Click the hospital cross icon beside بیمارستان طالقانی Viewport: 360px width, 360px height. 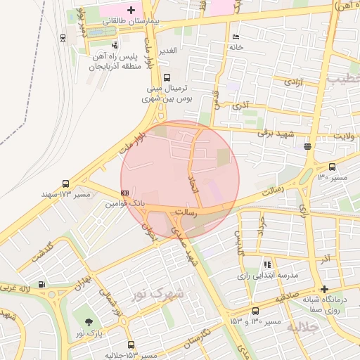click(x=131, y=10)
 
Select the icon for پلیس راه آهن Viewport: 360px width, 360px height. click(x=113, y=44)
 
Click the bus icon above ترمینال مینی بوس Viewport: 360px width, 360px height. click(x=167, y=78)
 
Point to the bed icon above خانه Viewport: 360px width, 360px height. click(x=236, y=36)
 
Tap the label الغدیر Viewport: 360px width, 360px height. click(x=172, y=51)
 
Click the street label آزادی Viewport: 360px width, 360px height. click(x=292, y=82)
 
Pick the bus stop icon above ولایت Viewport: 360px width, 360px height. click(x=308, y=146)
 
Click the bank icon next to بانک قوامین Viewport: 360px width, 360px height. click(x=124, y=191)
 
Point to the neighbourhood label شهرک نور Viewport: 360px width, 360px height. click(x=157, y=292)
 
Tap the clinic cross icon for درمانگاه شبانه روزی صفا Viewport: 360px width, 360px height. click(x=324, y=288)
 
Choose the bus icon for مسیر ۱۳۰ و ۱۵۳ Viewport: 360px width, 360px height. click(x=255, y=310)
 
